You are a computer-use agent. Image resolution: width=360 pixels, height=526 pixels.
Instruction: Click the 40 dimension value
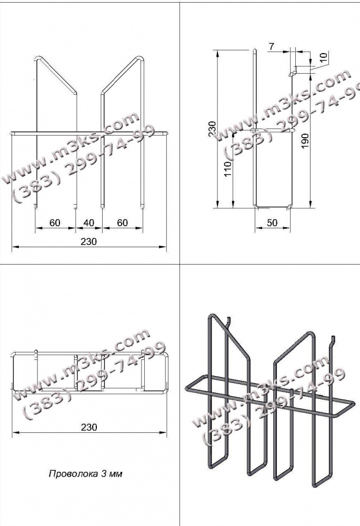pos(88,222)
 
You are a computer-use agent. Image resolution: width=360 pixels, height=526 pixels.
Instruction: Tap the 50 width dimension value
pos(273,222)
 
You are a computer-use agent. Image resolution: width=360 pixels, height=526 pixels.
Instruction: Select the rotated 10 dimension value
pos(323,57)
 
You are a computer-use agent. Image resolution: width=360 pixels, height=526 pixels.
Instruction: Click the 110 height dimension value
pos(227,170)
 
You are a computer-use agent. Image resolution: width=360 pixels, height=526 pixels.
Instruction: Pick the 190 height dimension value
pos(305,141)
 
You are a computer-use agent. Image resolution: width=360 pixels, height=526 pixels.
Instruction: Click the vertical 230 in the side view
pos(213,129)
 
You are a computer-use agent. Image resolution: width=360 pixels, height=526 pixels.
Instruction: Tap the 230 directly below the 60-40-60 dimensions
pos(88,241)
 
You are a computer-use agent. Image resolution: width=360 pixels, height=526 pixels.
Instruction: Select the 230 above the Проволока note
pos(89,427)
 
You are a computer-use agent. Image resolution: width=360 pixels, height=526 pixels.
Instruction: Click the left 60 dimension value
pos(55,222)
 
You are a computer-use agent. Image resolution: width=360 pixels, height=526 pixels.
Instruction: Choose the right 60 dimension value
pos(122,222)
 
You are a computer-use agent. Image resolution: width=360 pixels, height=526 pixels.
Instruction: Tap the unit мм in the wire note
pos(116,474)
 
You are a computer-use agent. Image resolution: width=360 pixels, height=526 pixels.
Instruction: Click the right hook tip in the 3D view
pos(334,337)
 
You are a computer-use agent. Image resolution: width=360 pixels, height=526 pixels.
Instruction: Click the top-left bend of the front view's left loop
pos(37,58)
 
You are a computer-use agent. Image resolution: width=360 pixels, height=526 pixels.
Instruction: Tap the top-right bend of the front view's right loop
pos(141,58)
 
